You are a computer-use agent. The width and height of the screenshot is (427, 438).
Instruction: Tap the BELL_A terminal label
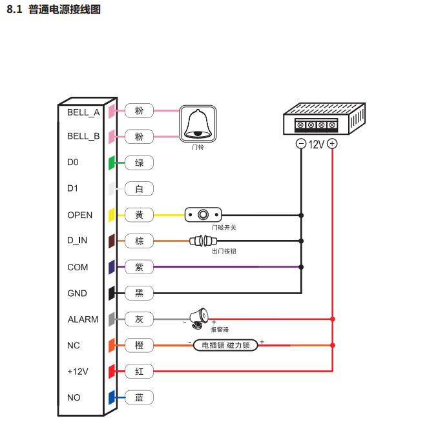pyautogui.click(x=83, y=112)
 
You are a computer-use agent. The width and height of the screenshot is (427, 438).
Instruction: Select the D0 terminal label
pyautogui.click(x=73, y=163)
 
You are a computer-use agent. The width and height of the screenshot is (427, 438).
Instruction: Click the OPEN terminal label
pyautogui.click(x=80, y=215)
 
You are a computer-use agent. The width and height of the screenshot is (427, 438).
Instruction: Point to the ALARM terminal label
pyautogui.click(x=83, y=319)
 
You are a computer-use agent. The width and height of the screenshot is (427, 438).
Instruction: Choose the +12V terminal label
pyautogui.click(x=78, y=372)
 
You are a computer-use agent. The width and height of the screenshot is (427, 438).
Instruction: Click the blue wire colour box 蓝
pyautogui.click(x=139, y=397)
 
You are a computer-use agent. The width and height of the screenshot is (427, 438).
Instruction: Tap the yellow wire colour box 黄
pyautogui.click(x=139, y=215)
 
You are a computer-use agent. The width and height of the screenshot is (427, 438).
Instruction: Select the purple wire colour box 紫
pyautogui.click(x=139, y=267)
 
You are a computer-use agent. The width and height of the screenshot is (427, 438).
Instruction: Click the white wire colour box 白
pyautogui.click(x=139, y=189)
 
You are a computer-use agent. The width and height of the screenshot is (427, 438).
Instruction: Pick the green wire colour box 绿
pyautogui.click(x=139, y=163)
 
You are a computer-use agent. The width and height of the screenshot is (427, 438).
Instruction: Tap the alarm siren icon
pyautogui.click(x=200, y=317)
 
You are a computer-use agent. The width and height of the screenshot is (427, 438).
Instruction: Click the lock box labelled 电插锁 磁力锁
pyautogui.click(x=225, y=345)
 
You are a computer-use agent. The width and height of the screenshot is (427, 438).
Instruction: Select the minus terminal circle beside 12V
pyautogui.click(x=300, y=144)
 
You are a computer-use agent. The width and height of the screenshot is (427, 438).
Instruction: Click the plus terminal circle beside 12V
pyautogui.click(x=332, y=144)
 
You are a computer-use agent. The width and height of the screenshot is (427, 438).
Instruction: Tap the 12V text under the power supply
pyautogui.click(x=316, y=144)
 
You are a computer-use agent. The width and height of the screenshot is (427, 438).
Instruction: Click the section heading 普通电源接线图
pyautogui.click(x=65, y=10)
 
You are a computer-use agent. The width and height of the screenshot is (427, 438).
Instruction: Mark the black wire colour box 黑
pyautogui.click(x=139, y=293)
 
